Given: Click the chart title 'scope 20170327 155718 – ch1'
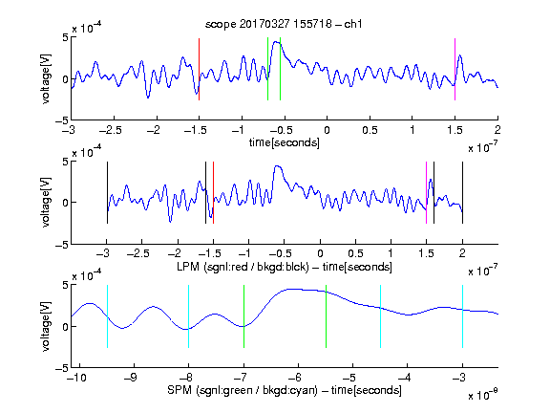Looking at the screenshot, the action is tap(284, 24).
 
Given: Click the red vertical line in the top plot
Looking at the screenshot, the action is tap(200, 69).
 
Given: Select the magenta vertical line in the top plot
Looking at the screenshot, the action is tap(455, 69).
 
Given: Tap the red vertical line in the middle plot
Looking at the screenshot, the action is tap(213, 192).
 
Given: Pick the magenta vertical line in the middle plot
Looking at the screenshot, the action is tap(427, 192).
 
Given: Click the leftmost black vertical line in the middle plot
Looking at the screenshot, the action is tap(107, 192).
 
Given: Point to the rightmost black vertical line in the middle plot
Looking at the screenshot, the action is tap(463, 192).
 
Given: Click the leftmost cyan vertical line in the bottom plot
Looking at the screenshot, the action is tap(107, 316).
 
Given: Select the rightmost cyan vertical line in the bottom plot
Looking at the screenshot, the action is tap(463, 316).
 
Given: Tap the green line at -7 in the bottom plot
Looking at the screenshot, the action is tap(243, 316).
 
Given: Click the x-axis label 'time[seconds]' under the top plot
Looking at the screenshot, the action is tap(285, 142).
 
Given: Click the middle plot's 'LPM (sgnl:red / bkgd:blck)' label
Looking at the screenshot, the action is tap(243, 267).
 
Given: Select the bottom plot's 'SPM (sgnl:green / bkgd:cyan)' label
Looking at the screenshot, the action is tap(243, 390).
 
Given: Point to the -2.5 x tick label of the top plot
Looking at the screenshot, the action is tap(111, 130).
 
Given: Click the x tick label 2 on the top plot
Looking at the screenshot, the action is tap(497, 130).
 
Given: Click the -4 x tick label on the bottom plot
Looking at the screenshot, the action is tap(405, 378).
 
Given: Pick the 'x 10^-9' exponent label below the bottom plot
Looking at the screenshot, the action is tap(483, 395).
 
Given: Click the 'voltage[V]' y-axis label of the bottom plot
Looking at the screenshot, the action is tap(46, 326).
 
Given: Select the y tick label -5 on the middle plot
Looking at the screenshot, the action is tap(62, 245).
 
